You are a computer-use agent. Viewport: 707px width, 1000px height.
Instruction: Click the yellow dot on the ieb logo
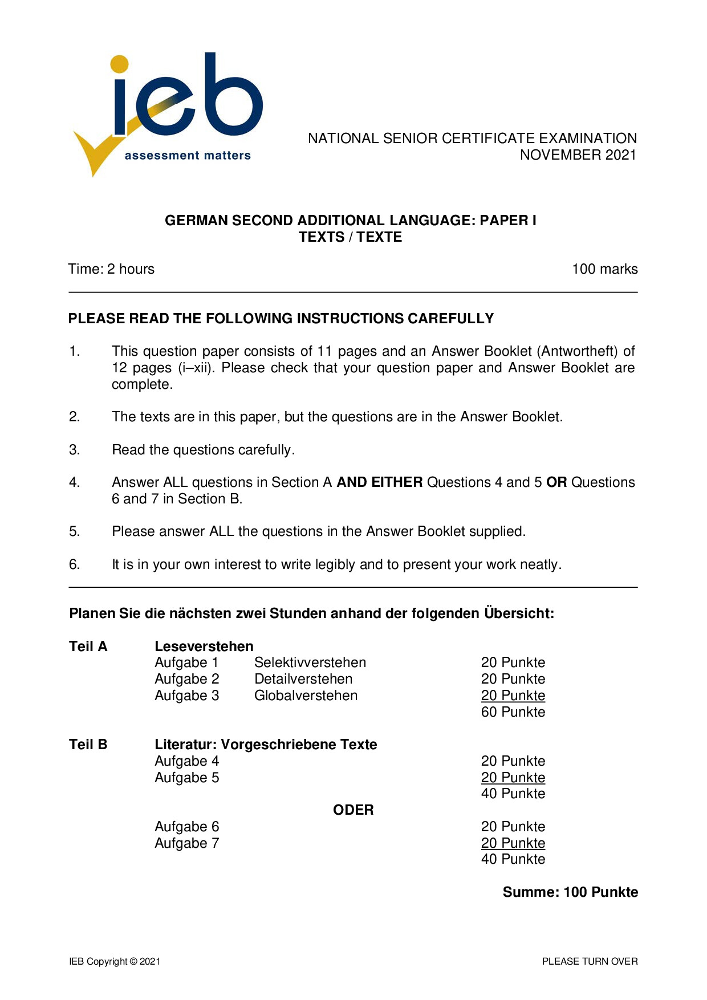click(x=119, y=64)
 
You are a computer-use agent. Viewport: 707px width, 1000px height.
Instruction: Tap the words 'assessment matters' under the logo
click(x=188, y=156)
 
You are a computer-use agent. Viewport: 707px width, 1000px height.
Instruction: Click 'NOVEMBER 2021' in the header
click(x=578, y=155)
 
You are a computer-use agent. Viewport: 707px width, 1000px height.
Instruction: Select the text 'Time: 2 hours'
click(x=111, y=269)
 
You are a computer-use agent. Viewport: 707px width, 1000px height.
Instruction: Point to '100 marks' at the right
click(x=604, y=269)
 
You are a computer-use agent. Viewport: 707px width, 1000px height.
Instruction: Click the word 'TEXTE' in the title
click(x=379, y=237)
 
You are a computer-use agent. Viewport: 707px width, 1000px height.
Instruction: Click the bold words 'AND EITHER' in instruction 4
click(x=380, y=482)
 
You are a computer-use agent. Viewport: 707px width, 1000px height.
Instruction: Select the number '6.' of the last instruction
click(x=75, y=564)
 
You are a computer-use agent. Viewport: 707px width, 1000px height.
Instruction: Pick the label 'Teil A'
click(x=88, y=647)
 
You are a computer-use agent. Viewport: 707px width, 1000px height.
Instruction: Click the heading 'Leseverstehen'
click(x=204, y=647)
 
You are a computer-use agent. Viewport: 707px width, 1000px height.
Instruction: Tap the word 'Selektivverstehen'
click(x=310, y=662)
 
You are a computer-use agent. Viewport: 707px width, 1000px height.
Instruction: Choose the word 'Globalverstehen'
click(x=306, y=696)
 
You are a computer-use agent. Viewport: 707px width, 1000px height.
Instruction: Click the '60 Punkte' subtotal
click(x=513, y=712)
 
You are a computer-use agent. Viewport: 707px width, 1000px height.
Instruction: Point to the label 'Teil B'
click(x=88, y=745)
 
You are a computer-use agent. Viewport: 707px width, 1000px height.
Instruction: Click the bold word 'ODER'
click(x=353, y=810)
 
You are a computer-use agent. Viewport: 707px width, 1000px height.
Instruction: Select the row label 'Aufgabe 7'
click(x=186, y=843)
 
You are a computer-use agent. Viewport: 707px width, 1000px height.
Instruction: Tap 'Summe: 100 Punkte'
click(x=570, y=892)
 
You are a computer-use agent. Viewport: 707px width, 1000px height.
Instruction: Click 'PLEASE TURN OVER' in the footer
click(x=590, y=961)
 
